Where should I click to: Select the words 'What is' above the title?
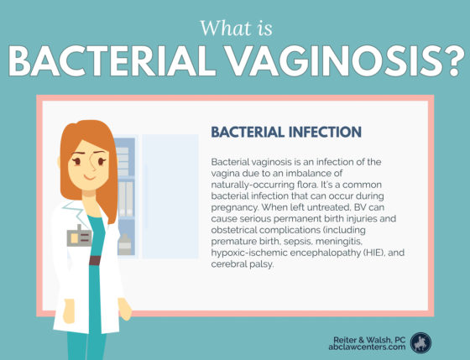[236, 29]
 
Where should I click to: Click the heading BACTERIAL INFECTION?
[286, 133]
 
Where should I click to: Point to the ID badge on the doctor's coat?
[79, 237]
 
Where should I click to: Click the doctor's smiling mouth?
[89, 177]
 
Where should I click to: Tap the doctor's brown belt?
[95, 260]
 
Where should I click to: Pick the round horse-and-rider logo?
[420, 343]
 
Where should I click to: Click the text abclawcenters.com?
[367, 347]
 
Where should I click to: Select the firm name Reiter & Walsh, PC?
[369, 340]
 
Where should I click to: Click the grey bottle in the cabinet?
[124, 244]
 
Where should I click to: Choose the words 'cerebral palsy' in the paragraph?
[243, 264]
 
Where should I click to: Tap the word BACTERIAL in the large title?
[112, 61]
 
